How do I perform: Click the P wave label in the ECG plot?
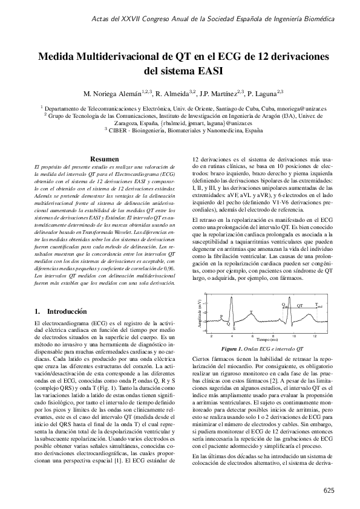(221, 316)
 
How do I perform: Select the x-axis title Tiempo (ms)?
(262, 340)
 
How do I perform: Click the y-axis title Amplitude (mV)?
(199, 314)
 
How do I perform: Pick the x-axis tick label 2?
(211, 335)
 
